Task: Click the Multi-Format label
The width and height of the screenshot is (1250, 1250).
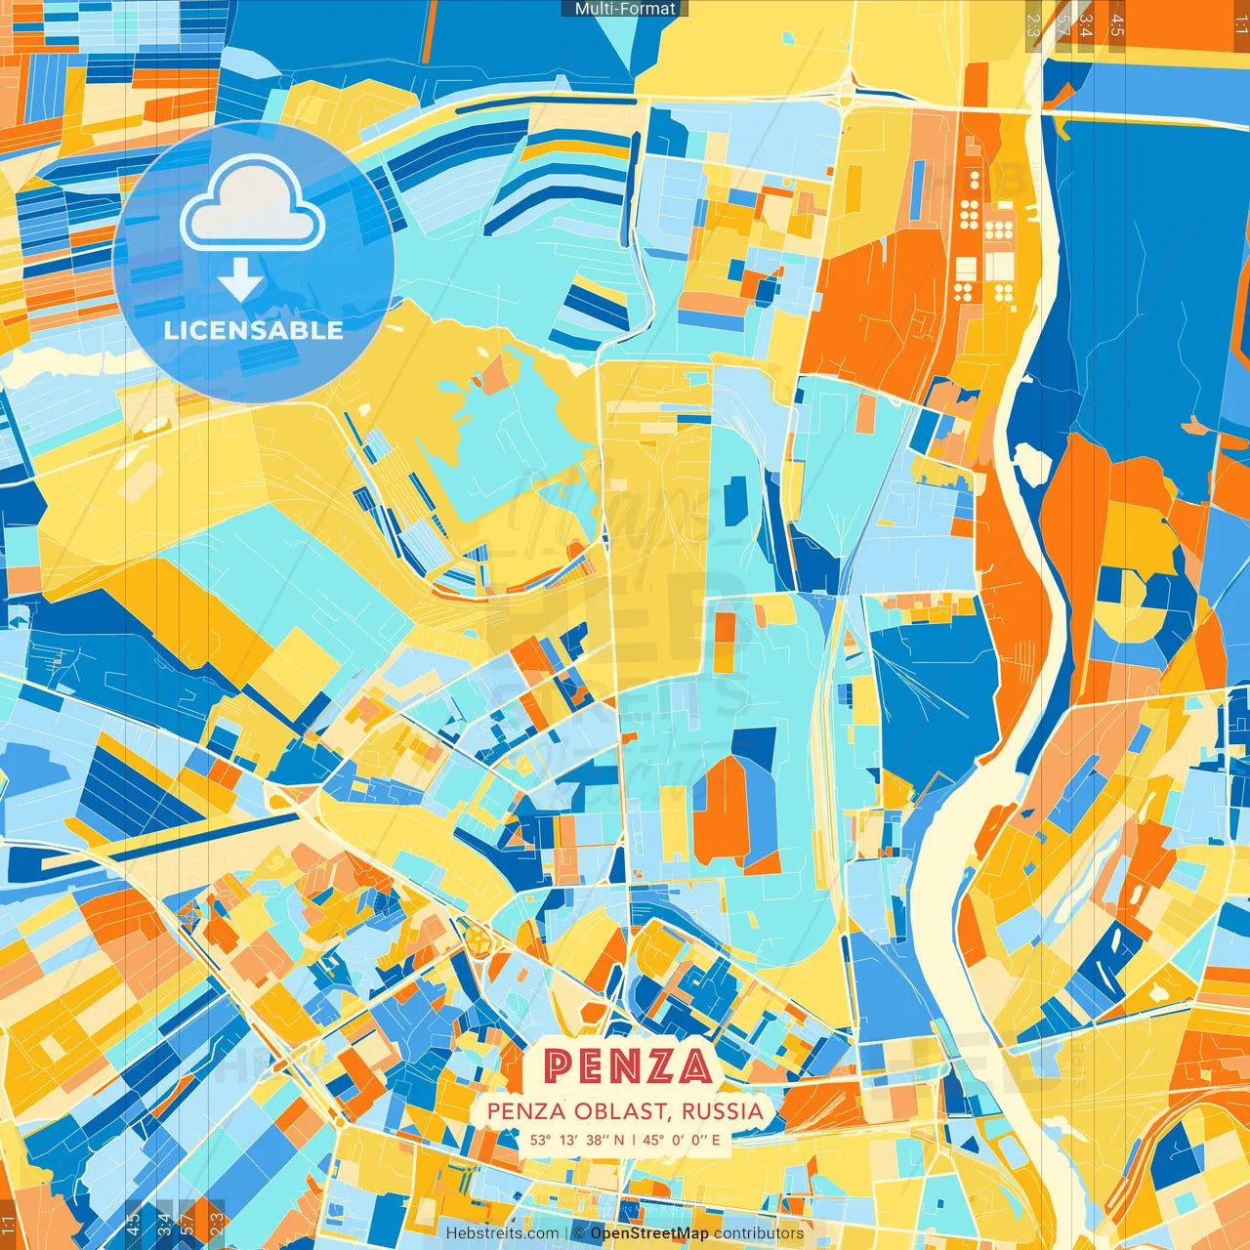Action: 625,9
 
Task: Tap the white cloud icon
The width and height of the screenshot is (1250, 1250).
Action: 253,204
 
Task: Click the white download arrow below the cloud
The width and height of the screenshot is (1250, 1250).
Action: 240,279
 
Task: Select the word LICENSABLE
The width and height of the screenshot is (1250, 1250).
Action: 254,330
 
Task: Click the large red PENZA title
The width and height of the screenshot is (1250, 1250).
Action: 627,1066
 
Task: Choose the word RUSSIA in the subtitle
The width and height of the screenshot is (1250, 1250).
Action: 723,1111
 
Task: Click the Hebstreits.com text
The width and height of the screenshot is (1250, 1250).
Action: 502,1233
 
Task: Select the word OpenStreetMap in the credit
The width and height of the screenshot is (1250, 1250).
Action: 648,1233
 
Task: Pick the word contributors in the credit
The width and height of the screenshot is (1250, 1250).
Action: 759,1233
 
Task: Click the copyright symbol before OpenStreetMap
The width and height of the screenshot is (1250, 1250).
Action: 579,1233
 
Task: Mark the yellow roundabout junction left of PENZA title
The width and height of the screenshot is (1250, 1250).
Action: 479,939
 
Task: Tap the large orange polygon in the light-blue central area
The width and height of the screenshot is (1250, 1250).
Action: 723,811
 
